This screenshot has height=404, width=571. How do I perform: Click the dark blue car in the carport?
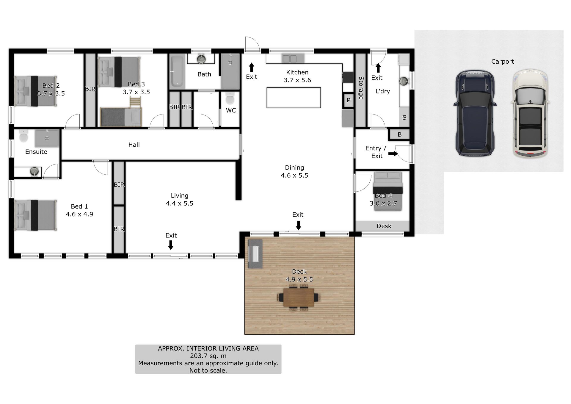point(475,113)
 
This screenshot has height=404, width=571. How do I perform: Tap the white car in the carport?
point(530,114)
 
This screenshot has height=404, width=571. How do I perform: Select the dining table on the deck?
point(299,297)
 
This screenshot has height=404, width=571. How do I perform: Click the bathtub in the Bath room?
point(177,71)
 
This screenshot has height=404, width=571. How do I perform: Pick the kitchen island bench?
point(294,98)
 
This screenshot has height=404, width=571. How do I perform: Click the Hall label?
point(134,145)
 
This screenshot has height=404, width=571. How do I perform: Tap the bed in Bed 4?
point(388,191)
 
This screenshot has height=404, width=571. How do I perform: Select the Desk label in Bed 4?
point(384,226)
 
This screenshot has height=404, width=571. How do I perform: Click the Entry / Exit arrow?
point(393,154)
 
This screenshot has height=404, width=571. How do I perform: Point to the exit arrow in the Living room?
point(171,245)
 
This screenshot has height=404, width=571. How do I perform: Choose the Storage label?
point(361,88)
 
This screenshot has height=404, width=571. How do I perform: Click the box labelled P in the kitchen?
point(349,101)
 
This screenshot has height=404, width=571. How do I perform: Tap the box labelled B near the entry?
point(399,135)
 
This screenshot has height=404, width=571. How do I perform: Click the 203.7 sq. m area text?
point(208,356)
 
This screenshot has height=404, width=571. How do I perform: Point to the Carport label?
point(502,62)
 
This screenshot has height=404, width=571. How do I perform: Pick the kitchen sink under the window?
point(289,58)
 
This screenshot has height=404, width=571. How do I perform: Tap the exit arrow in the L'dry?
point(378,68)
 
